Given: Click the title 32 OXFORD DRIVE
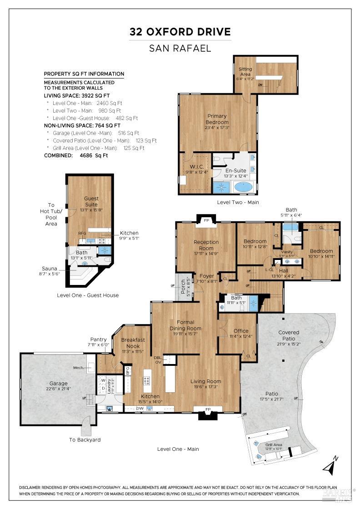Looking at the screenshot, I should tap(180, 32).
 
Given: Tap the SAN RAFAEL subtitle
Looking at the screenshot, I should tap(180, 48).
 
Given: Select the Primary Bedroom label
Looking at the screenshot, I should tap(217, 119).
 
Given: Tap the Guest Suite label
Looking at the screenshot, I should tap(91, 201).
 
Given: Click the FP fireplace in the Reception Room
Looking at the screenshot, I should tap(206, 221).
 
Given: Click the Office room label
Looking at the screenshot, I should tap(240, 331).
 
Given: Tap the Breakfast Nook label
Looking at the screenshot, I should tap(133, 343).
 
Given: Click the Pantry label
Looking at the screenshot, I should tap(98, 339).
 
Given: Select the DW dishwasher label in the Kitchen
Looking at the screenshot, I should tap(141, 408).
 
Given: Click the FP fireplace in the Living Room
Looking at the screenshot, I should tap(208, 410).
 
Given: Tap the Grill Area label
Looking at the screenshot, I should tap(274, 445).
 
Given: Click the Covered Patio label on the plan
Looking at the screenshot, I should tap(289, 335).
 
